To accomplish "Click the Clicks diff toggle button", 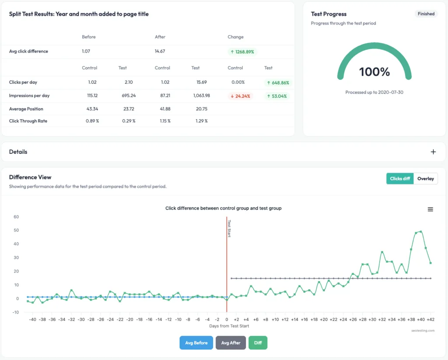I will pyautogui.click(x=400, y=179).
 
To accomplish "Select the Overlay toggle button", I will pyautogui.click(x=425, y=179).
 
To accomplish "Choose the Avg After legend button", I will pyautogui.click(x=231, y=343).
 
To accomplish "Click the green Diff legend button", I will pyautogui.click(x=258, y=343).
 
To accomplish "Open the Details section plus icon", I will pyautogui.click(x=433, y=152).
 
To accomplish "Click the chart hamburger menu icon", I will pyautogui.click(x=430, y=209).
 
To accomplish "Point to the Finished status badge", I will pyautogui.click(x=426, y=14).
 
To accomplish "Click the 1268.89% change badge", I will pyautogui.click(x=242, y=52).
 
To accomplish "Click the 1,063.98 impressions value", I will pyautogui.click(x=201, y=96).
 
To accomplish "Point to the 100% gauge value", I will pyautogui.click(x=374, y=72).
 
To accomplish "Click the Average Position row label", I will pyautogui.click(x=26, y=109).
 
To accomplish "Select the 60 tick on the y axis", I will pyautogui.click(x=16, y=217).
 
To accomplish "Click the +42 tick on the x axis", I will pyautogui.click(x=430, y=320).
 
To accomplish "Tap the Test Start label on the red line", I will pyautogui.click(x=229, y=228).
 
